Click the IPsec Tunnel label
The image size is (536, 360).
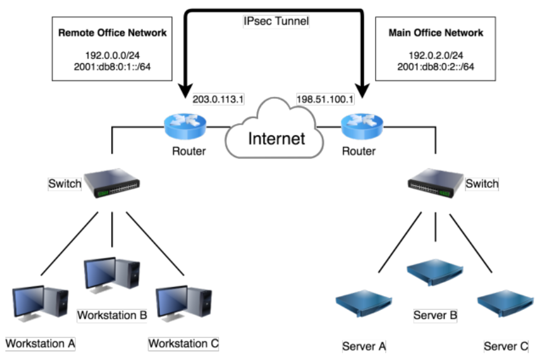pos(276,21)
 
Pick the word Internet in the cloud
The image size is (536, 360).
pos(277,138)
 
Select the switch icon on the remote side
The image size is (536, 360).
pos(113,184)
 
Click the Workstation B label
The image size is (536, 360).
pos(112,315)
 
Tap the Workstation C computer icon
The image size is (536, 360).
pos(183,303)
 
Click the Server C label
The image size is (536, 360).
pos(506,346)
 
